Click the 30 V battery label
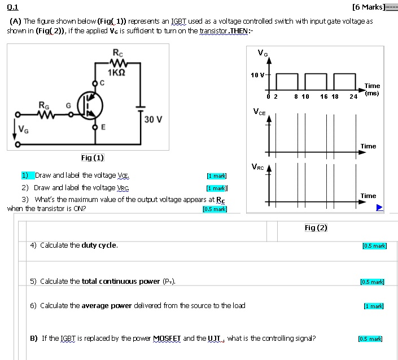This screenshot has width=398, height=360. coord(153,120)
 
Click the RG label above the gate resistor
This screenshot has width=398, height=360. coord(43,105)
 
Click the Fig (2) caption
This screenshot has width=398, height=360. coord(316,227)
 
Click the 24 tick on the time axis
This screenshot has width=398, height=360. coord(353,96)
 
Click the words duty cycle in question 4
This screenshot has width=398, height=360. coord(99,245)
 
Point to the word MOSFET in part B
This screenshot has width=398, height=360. coord(169,339)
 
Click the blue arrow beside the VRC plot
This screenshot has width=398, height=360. coord(380,208)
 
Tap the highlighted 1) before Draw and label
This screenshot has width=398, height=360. coord(25,175)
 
